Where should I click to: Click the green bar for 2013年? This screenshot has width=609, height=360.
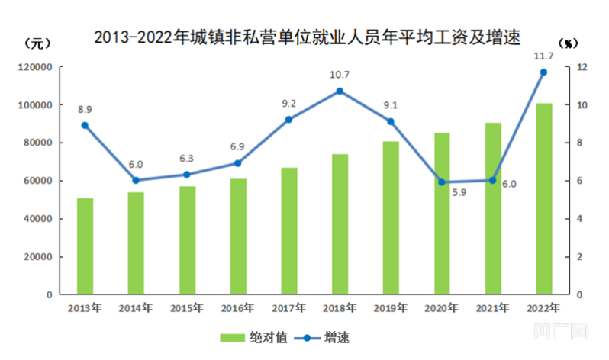85,246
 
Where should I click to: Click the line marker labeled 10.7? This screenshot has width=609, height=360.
340,91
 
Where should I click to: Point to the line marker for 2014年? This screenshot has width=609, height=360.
136,180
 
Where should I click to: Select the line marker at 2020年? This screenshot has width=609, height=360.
441,182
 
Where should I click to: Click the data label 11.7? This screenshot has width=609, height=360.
543,56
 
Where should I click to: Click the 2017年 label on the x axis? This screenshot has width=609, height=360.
288,308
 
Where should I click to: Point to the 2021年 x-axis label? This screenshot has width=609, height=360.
492,308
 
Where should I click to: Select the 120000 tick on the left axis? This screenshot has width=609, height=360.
36,67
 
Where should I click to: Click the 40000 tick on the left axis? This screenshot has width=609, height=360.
39,218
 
